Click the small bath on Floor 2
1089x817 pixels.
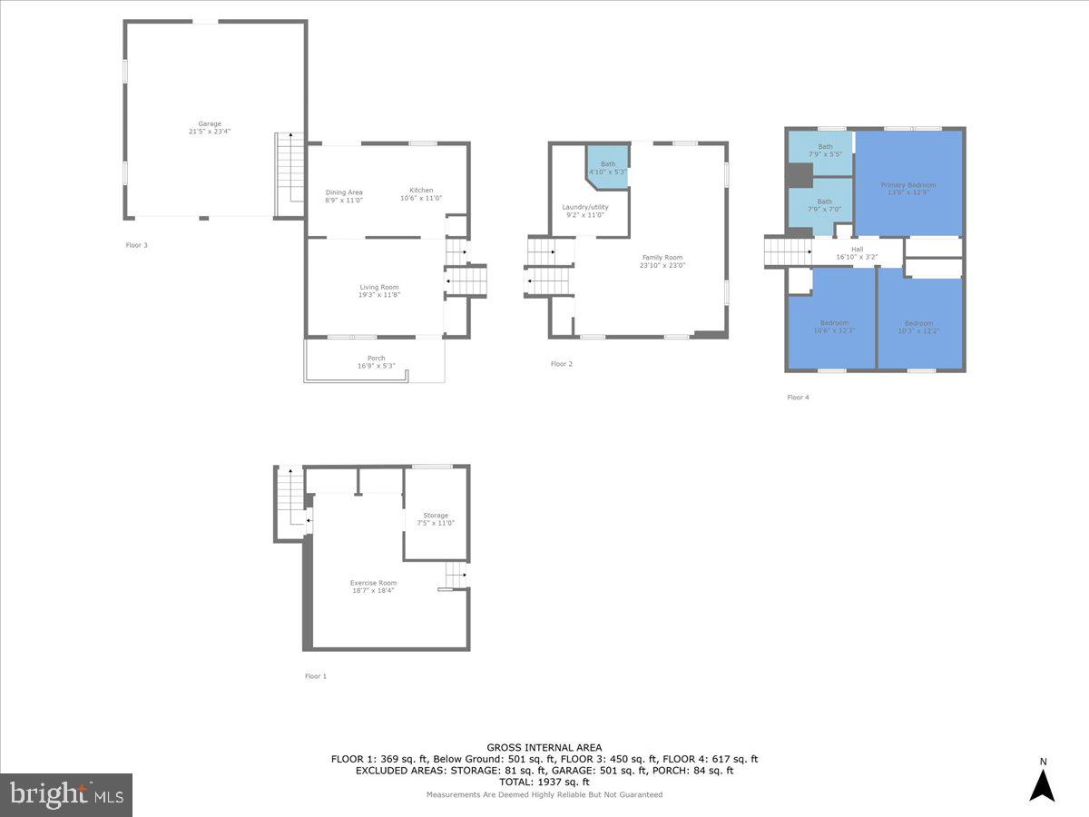pyautogui.click(x=607, y=168)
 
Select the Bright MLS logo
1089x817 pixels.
pyautogui.click(x=66, y=795)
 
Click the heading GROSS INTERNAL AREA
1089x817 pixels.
pyautogui.click(x=544, y=748)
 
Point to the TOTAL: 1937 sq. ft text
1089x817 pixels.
pyautogui.click(x=544, y=782)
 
